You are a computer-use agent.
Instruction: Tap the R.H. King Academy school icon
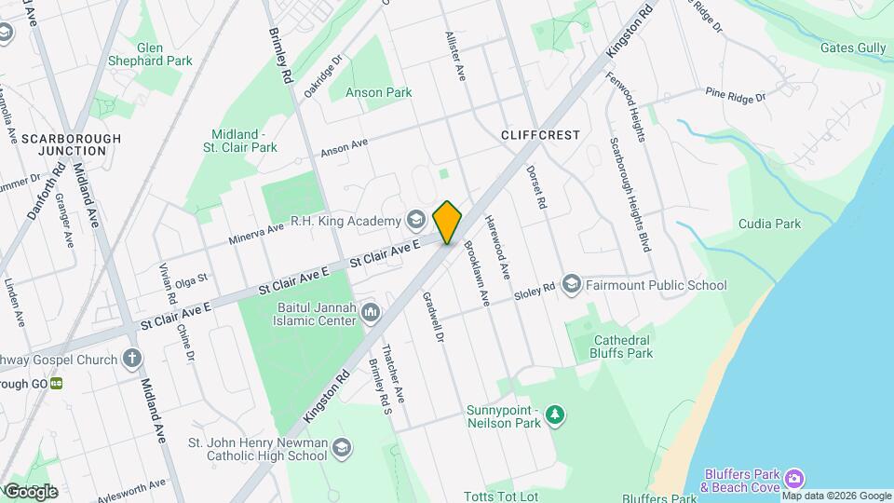[415, 221]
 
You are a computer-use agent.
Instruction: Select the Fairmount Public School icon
[571, 284]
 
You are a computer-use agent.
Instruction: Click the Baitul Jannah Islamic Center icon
[371, 311]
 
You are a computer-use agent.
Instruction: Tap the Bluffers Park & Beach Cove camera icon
[793, 479]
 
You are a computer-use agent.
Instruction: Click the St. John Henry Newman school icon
[342, 448]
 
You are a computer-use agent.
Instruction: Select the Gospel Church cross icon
[132, 359]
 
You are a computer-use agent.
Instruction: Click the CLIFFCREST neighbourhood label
[540, 135]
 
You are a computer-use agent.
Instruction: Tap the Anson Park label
[378, 93]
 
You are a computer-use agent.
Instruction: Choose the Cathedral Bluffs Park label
[622, 347]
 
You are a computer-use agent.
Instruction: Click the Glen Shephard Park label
[150, 54]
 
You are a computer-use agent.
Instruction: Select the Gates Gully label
[853, 48]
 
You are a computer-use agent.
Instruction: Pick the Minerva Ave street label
[256, 234]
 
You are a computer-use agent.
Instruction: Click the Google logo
[30, 491]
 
